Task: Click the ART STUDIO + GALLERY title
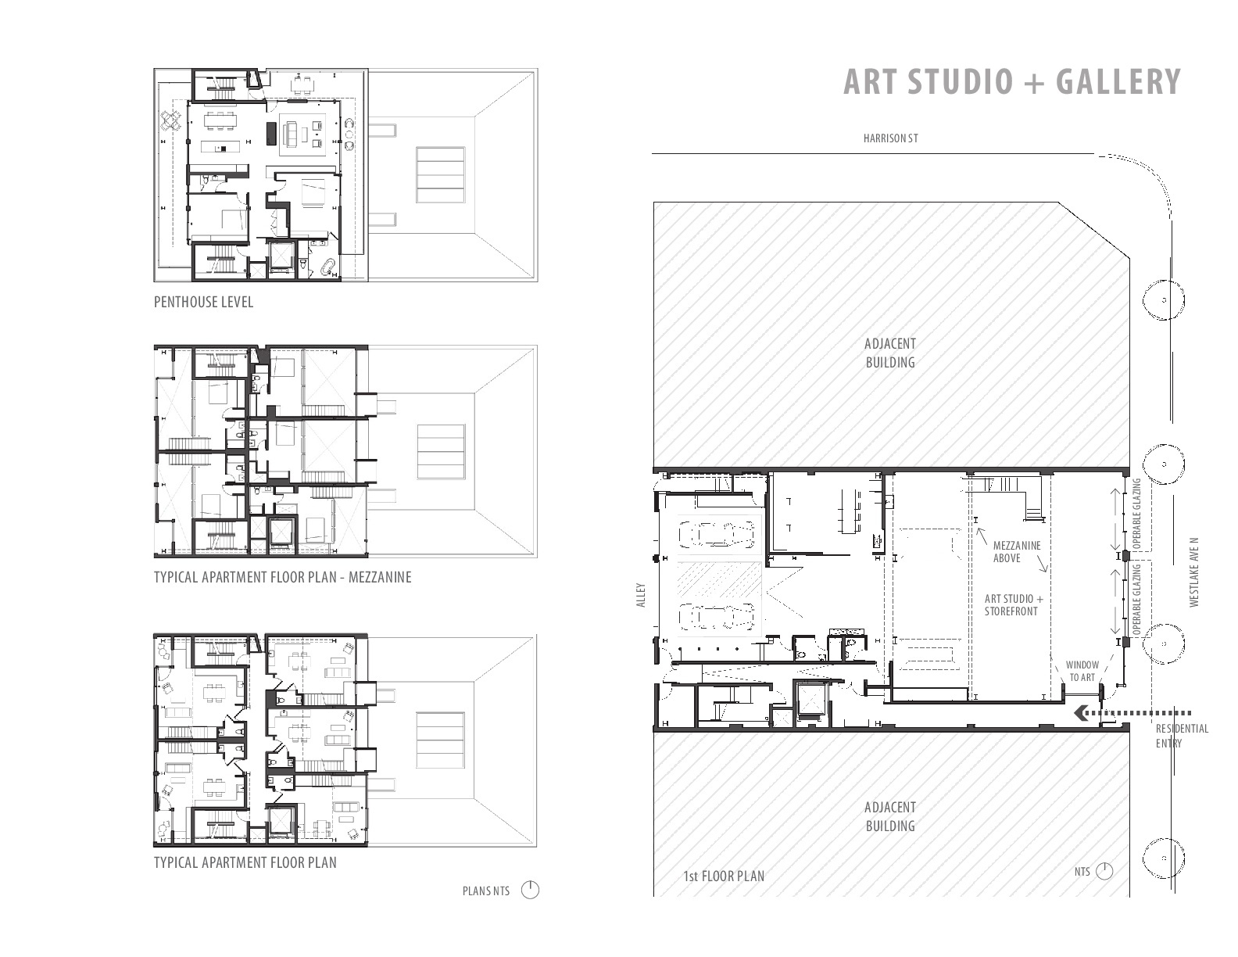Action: click(1012, 81)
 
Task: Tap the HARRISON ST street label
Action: click(890, 138)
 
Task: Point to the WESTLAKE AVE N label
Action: click(1195, 572)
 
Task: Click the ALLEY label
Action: click(641, 594)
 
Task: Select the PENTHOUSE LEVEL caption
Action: click(203, 302)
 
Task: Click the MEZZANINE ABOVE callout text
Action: click(1017, 552)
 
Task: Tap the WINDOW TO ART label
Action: click(1082, 671)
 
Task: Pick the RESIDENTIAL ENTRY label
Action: click(1183, 736)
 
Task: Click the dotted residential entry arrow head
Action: click(1079, 713)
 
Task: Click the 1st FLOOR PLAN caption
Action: click(724, 876)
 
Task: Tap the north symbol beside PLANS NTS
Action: click(530, 891)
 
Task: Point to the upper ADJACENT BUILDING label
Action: click(890, 353)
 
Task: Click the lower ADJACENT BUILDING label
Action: click(890, 816)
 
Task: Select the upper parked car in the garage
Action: click(716, 535)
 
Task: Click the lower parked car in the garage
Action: click(716, 616)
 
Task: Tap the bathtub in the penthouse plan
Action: click(328, 268)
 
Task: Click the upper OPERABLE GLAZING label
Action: click(1137, 514)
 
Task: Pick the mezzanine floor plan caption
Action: click(283, 577)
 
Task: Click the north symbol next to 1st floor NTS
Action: click(1104, 872)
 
